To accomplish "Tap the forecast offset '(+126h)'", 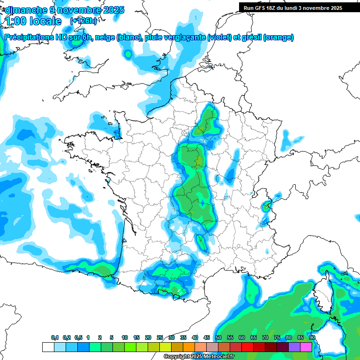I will (83, 21).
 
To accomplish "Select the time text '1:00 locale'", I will (34, 21).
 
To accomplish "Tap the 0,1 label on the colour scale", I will (55, 338).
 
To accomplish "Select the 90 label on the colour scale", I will (312, 338).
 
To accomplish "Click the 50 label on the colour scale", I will (218, 338).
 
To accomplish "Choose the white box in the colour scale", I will (48, 347).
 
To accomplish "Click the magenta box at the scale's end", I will (306, 347).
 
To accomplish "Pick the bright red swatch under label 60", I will (247, 347).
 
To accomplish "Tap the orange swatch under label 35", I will (189, 347).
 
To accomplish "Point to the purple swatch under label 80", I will (294, 347).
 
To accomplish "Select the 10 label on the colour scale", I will (125, 338).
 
